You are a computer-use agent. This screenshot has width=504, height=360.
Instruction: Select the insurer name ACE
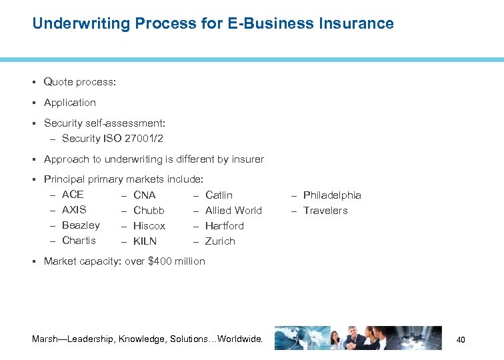[x=73, y=195]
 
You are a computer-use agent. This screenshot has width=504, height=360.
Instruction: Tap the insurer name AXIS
[x=74, y=210]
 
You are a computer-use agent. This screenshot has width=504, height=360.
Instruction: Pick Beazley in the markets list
[x=81, y=225]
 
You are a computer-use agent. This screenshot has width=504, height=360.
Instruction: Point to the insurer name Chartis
[x=79, y=241]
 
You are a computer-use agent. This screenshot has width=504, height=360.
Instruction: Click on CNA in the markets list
[x=145, y=195]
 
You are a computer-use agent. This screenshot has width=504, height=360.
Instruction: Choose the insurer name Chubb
[x=149, y=211]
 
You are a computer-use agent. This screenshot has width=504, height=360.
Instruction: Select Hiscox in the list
[x=149, y=226]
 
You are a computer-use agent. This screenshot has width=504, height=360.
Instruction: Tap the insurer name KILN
[x=145, y=241]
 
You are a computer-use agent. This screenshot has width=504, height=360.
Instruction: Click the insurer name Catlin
[x=219, y=195]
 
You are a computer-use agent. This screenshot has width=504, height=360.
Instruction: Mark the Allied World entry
[x=233, y=211]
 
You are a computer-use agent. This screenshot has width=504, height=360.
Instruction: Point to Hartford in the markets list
[x=225, y=226]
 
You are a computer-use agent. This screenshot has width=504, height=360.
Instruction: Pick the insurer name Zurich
[x=220, y=241]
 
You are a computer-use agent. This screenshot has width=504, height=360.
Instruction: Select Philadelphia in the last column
[x=332, y=195]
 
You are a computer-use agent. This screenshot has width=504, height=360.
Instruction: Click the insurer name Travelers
[x=325, y=211]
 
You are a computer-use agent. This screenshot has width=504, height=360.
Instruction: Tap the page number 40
[x=460, y=341]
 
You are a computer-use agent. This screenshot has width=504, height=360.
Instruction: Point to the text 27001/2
[x=143, y=139]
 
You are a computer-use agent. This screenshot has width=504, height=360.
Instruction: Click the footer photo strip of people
[x=357, y=338]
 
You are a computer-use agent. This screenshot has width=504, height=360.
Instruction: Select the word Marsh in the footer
[x=45, y=339]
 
